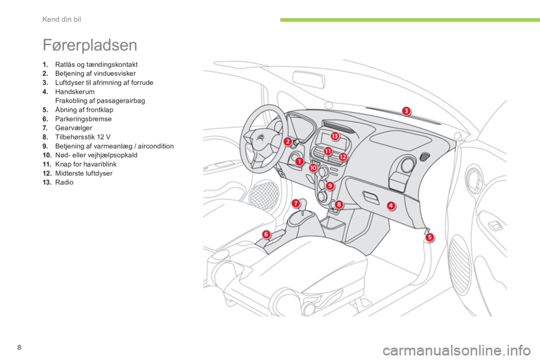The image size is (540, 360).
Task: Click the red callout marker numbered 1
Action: (300, 161)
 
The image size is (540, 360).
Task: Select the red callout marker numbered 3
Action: (406, 110)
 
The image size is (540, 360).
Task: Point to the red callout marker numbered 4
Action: (390, 206)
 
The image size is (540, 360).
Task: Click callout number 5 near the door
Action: (429, 237)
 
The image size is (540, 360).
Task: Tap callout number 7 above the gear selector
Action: (295, 202)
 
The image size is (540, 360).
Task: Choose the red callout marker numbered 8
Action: (339, 204)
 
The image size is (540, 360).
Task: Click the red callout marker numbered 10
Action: (313, 168)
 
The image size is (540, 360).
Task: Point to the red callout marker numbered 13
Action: (335, 136)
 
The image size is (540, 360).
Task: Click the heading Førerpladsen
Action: (89, 44)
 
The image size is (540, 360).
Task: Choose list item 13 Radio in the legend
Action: (61, 182)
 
